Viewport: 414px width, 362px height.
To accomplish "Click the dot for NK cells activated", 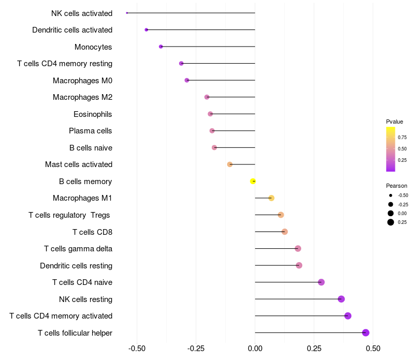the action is click(127, 12).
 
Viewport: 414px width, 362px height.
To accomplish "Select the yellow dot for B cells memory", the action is click(253, 182).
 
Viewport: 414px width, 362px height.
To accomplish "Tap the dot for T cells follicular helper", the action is click(366, 333).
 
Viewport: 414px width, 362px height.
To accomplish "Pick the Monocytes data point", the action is click(161, 47).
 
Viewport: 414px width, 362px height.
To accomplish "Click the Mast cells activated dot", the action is click(230, 164).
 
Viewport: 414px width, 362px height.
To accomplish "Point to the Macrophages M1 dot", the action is click(271, 198).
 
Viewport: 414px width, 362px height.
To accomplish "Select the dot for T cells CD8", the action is click(285, 232).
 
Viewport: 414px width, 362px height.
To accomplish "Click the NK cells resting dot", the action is click(342, 299).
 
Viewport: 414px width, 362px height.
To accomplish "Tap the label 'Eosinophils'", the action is click(93, 114).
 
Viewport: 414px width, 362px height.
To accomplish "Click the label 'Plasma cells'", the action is click(90, 131).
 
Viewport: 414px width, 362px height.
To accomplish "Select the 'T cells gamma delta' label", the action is click(78, 249).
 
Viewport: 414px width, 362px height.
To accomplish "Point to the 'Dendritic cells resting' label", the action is click(76, 266).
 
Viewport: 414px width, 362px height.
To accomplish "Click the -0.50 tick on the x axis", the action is click(137, 349).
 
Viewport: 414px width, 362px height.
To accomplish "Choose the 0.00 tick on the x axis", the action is click(255, 349).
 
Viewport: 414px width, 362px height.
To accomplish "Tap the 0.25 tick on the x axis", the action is click(314, 349).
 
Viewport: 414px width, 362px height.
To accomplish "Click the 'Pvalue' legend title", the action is click(394, 122).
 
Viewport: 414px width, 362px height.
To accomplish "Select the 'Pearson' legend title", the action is click(396, 186).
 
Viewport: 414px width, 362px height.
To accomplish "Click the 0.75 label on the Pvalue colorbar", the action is click(402, 138).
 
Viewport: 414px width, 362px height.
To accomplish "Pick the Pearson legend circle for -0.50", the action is click(391, 195).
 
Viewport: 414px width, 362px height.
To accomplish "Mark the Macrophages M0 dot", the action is click(187, 80).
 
